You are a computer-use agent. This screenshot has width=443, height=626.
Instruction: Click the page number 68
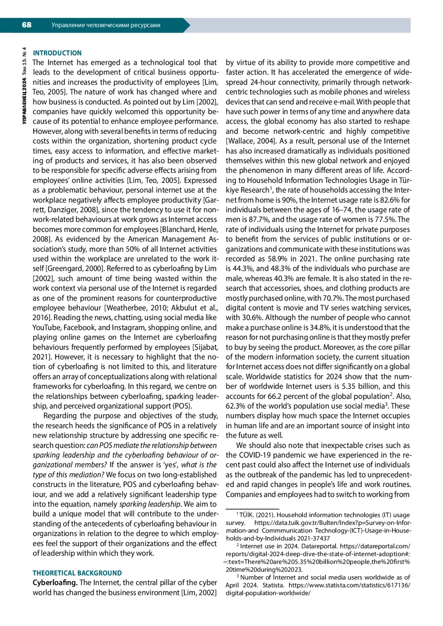[27, 25]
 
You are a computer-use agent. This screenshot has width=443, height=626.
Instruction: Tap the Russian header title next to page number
[106, 25]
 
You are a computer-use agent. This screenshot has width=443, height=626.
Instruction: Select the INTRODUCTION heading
[57, 53]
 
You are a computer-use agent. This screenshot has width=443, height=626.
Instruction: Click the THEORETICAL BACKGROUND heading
[77, 573]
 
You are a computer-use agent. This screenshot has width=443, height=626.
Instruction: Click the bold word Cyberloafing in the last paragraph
[55, 582]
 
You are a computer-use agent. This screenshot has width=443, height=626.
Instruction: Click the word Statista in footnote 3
[274, 585]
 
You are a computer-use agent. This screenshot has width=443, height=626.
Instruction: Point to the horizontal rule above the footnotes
[253, 508]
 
